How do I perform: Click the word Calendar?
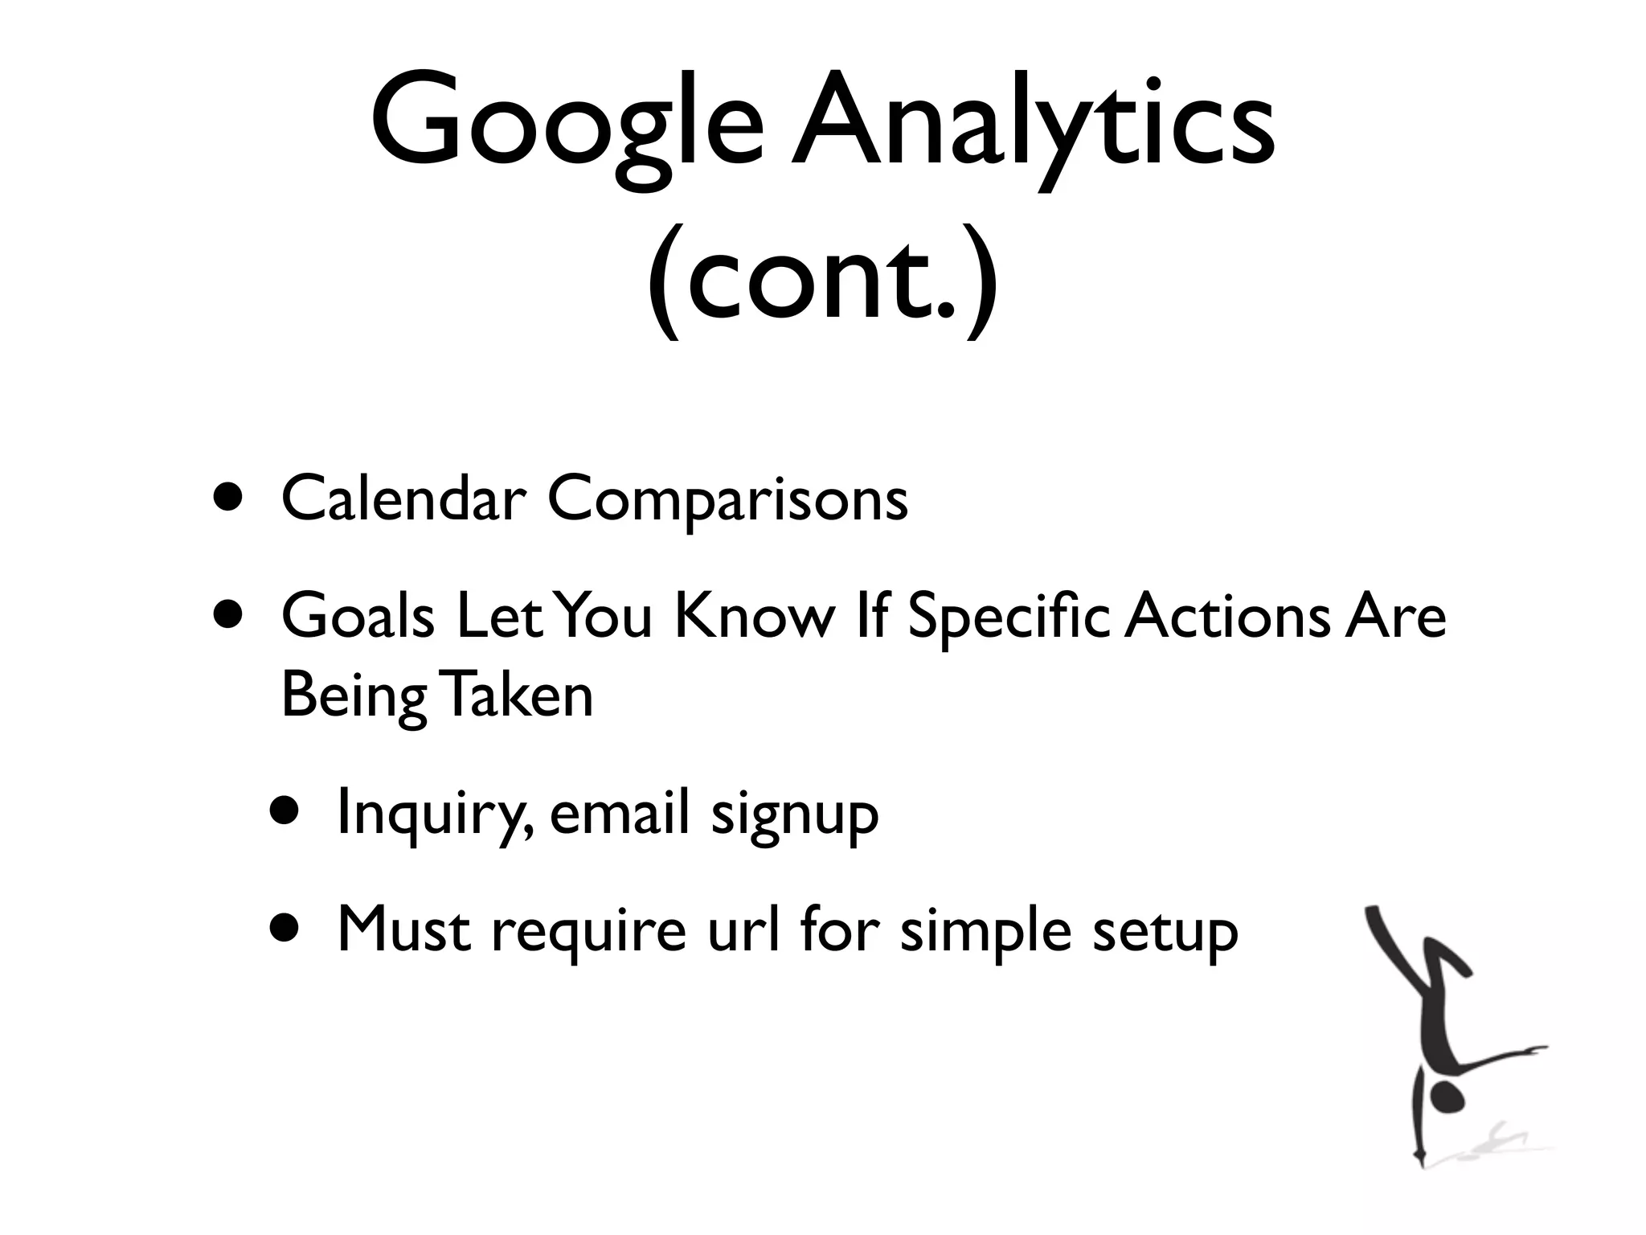point(403,499)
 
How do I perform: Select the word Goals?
point(358,617)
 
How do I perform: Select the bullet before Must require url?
point(285,929)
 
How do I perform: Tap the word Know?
point(754,617)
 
